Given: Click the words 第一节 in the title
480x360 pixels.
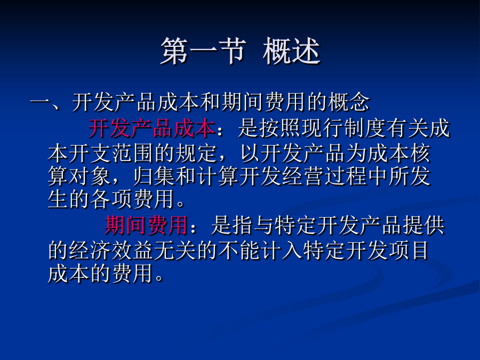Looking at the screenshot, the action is tap(203, 51).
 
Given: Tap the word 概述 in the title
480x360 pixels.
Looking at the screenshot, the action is tap(291, 51).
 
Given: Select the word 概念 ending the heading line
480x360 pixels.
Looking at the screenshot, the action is tap(349, 102).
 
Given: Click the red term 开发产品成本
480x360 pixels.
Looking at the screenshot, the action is tap(151, 128).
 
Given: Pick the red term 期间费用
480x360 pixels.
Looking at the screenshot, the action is tap(146, 225).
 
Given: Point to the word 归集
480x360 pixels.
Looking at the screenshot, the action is tap(154, 176).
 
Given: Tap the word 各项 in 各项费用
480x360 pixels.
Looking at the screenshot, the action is tap(111, 199).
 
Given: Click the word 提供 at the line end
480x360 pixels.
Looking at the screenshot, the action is tap(423, 225).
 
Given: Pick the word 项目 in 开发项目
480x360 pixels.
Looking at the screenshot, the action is tap(409, 250).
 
